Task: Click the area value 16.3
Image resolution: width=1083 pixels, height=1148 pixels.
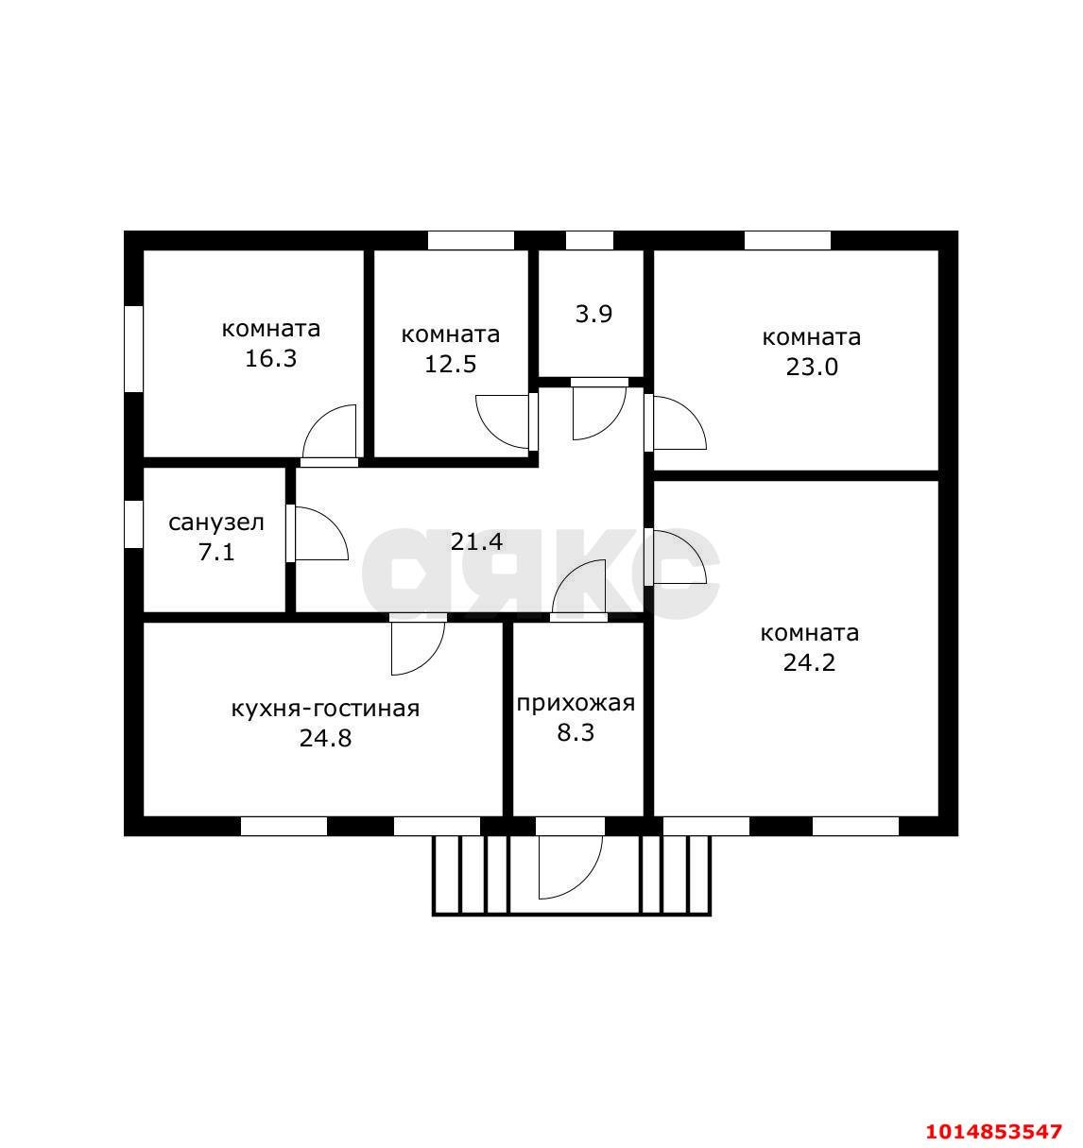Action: (270, 359)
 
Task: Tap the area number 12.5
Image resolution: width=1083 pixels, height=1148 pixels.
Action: (451, 365)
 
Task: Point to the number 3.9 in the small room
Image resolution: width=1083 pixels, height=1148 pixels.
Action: (593, 314)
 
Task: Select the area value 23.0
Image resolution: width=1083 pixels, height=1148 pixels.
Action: (811, 367)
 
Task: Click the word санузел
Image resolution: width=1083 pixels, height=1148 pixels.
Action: (216, 523)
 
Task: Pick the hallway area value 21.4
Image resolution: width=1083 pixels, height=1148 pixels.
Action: (476, 541)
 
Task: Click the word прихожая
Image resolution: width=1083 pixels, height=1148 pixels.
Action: (576, 704)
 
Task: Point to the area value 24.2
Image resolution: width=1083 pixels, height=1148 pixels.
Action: (809, 663)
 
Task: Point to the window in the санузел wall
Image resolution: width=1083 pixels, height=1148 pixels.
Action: (133, 524)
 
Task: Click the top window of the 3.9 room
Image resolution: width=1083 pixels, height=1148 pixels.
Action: (589, 241)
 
